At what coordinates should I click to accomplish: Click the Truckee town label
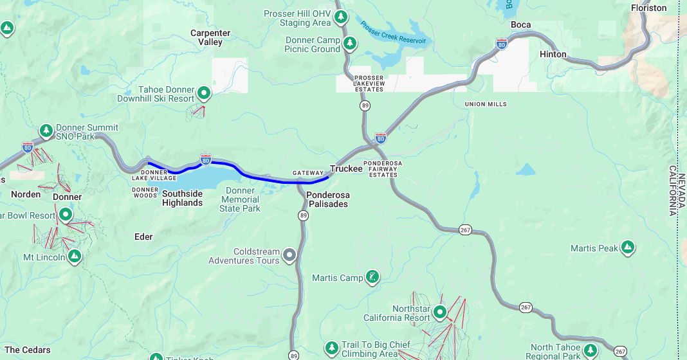346,168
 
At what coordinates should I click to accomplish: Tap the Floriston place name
648,8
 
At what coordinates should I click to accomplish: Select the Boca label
520,25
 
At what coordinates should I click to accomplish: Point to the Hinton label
553,54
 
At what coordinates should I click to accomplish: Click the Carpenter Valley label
210,37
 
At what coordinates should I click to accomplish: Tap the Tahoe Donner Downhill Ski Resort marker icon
204,94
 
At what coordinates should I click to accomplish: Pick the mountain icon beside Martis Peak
628,248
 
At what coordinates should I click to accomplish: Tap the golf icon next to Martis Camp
372,278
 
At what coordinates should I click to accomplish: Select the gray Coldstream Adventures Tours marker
289,256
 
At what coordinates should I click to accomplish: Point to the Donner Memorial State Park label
240,199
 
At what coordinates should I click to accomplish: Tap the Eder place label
143,237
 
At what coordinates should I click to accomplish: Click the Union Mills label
485,104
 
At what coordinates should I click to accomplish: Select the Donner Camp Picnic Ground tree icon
349,44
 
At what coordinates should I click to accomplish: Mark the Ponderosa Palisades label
327,199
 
